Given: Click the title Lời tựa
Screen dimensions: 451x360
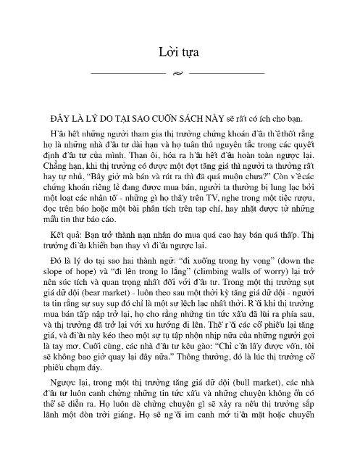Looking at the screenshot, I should click(x=180, y=52).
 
